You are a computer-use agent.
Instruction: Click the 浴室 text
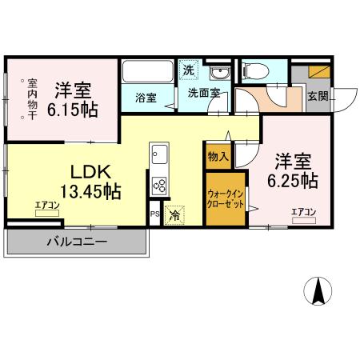145,98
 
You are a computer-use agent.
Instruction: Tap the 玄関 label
318,97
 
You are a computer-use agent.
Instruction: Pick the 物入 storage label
218,156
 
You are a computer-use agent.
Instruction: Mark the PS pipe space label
154,214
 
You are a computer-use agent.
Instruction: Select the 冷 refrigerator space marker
174,214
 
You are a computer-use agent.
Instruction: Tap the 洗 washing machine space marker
188,70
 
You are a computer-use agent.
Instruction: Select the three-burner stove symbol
158,186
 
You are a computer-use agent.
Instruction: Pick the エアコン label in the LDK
47,206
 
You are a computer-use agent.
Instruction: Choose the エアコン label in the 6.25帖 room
303,211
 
